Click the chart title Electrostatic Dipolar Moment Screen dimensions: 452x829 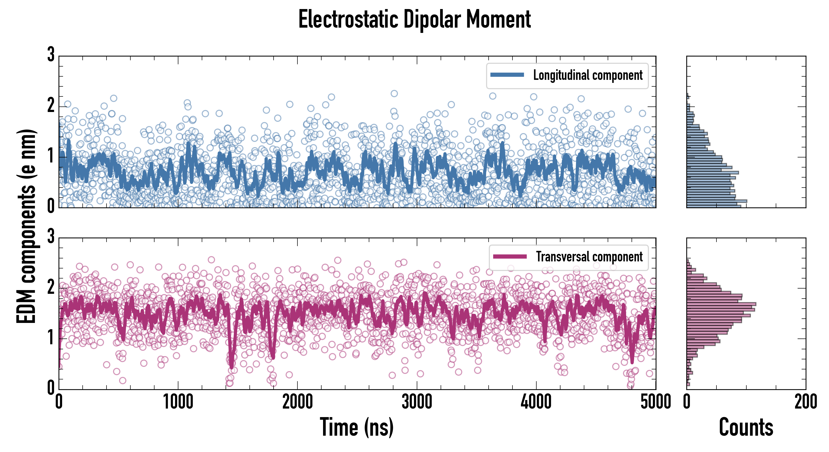(x=414, y=19)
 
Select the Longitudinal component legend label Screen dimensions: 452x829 (x=588, y=75)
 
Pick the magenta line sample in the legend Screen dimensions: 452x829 (x=510, y=256)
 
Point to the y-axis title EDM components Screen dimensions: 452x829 (x=26, y=226)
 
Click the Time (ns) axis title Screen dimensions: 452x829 (x=356, y=427)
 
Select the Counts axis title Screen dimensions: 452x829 (x=746, y=427)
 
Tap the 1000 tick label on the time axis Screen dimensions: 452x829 (x=178, y=402)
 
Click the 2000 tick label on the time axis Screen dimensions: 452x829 (x=297, y=402)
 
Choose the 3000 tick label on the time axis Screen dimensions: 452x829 (x=417, y=402)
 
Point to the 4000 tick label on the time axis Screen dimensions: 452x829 (x=536, y=402)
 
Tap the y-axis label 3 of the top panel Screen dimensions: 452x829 (x=51, y=55)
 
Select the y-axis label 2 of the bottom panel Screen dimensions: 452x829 (x=51, y=287)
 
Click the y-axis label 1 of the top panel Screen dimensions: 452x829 (x=51, y=156)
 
